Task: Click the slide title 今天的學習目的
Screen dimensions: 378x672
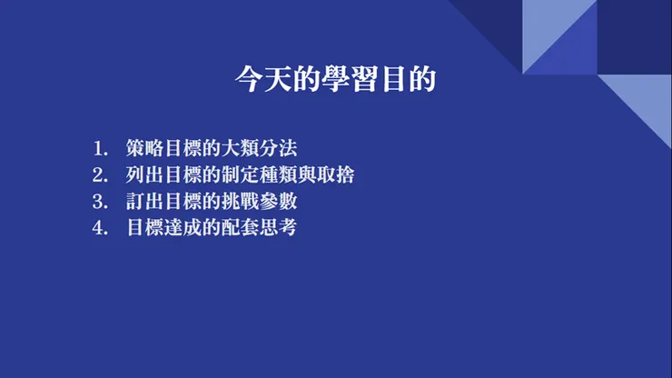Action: [x=335, y=80]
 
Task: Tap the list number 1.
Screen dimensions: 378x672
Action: [x=98, y=148]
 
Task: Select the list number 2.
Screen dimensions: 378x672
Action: [x=98, y=174]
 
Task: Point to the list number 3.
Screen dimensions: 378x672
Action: [x=98, y=201]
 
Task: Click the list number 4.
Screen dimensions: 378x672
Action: [x=98, y=227]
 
